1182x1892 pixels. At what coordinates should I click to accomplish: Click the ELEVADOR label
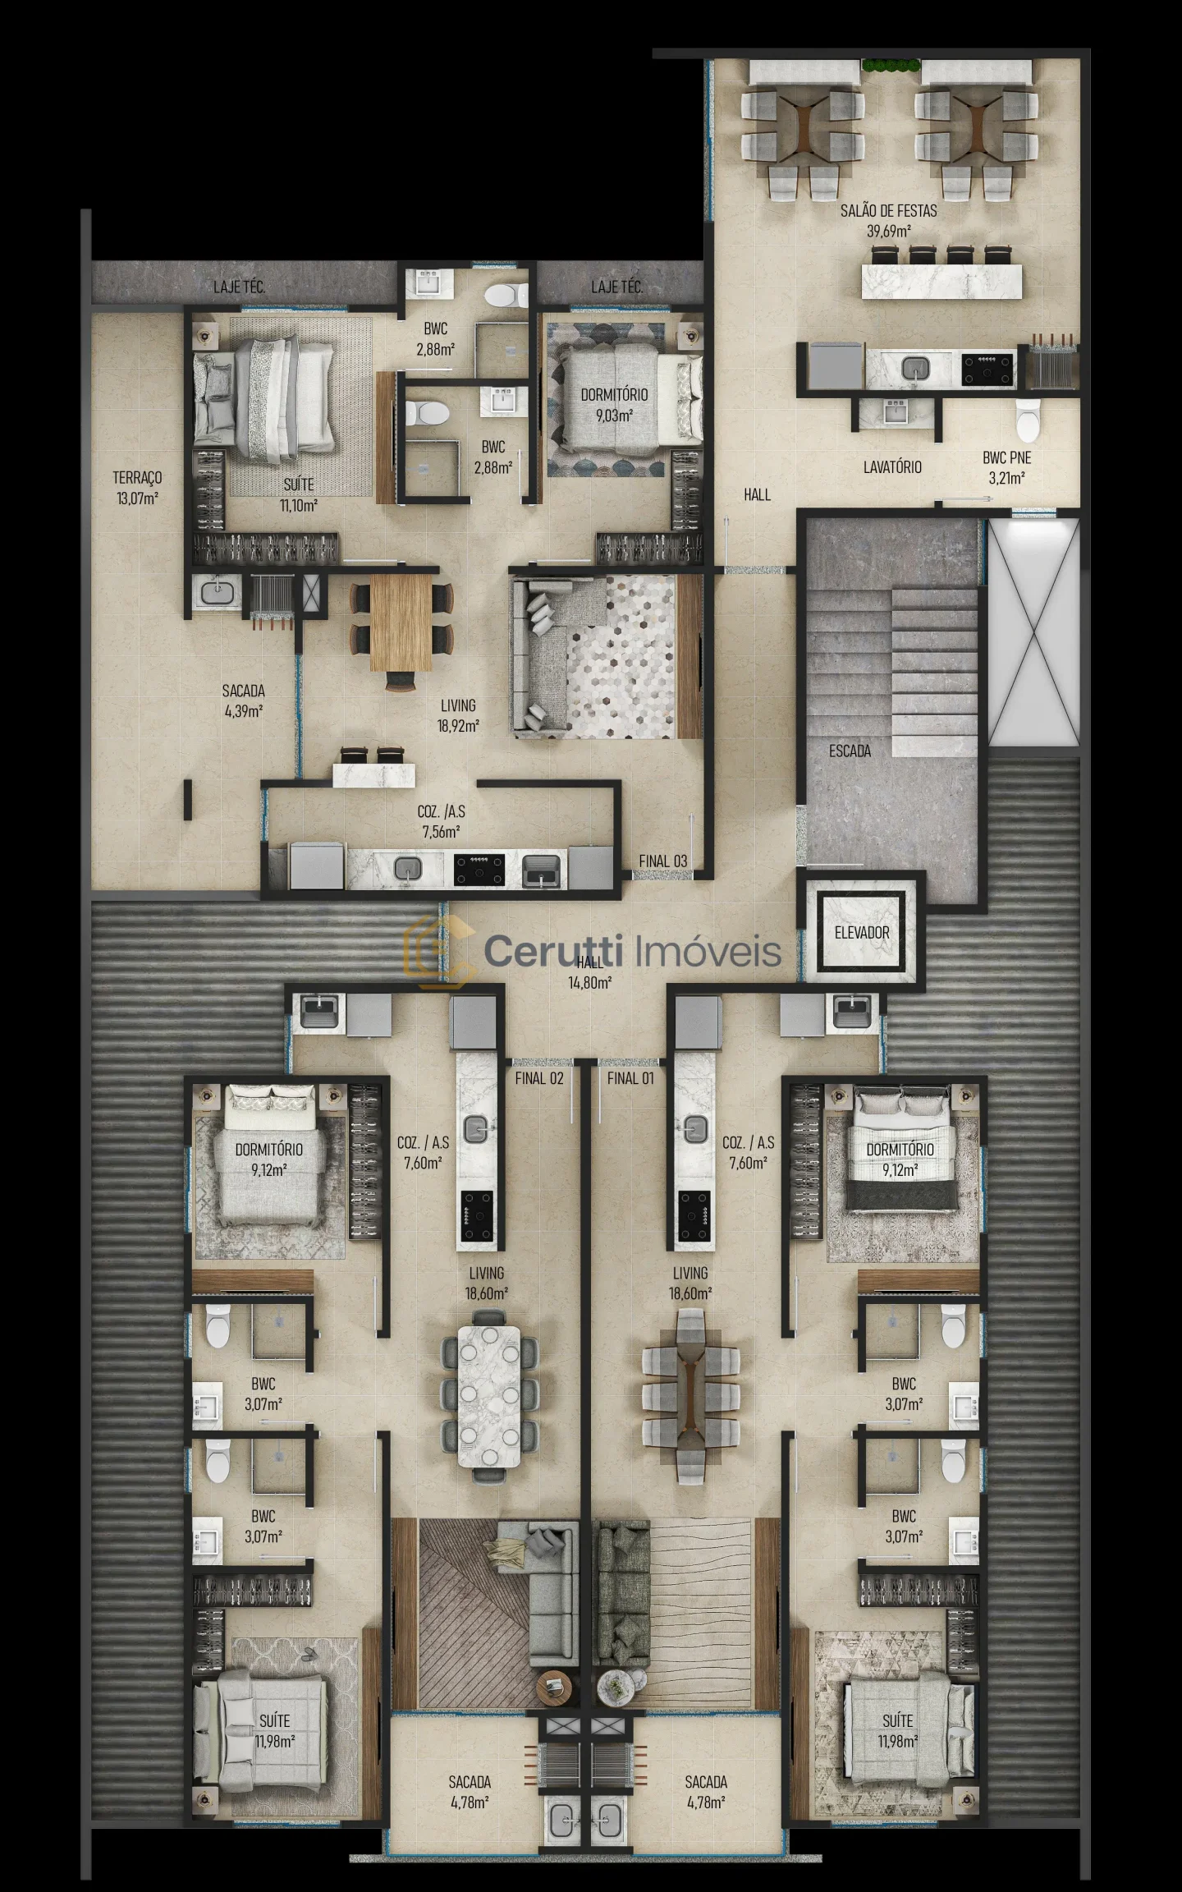pyautogui.click(x=862, y=933)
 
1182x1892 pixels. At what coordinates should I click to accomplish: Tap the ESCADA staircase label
pyautogui.click(x=850, y=751)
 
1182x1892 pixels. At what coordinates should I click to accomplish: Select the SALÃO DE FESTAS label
pyautogui.click(x=888, y=211)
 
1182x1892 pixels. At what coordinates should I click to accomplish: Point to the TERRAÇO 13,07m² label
pyautogui.click(x=137, y=488)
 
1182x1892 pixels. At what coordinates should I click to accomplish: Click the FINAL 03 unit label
pyautogui.click(x=663, y=861)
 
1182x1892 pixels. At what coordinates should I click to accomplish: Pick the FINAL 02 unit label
pyautogui.click(x=539, y=1078)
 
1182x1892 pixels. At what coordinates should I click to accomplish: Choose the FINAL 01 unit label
pyautogui.click(x=630, y=1078)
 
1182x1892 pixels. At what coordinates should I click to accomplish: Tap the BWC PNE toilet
pyautogui.click(x=1027, y=420)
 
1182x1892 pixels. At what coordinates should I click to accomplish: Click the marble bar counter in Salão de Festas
pyautogui.click(x=941, y=282)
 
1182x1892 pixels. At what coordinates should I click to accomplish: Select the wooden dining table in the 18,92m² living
pyautogui.click(x=401, y=622)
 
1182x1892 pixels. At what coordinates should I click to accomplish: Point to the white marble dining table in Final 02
pyautogui.click(x=489, y=1395)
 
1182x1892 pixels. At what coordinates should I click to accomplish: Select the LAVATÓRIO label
pyautogui.click(x=892, y=467)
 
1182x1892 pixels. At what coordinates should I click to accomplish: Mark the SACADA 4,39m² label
pyautogui.click(x=244, y=701)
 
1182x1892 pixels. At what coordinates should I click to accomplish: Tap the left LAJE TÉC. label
pyautogui.click(x=239, y=287)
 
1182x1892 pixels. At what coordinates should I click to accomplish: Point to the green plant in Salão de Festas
pyautogui.click(x=890, y=67)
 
